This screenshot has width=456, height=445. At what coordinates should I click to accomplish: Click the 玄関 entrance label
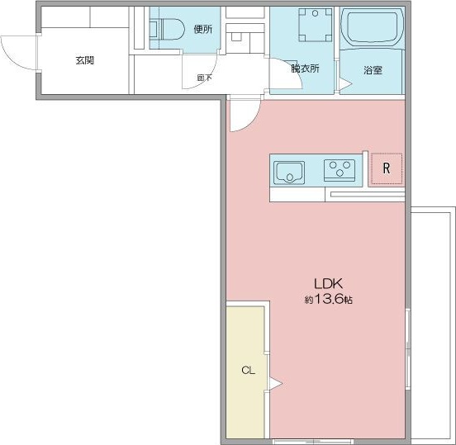pyautogui.click(x=84, y=60)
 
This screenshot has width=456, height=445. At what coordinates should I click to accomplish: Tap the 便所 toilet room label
pyautogui.click(x=203, y=29)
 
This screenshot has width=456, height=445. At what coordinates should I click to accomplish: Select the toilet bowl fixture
pyautogui.click(x=168, y=29)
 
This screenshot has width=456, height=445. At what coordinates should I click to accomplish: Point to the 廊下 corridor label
pyautogui.click(x=204, y=78)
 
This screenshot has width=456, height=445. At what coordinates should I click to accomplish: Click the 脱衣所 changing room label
pyautogui.click(x=305, y=69)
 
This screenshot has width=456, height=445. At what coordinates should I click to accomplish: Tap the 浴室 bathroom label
pyautogui.click(x=373, y=70)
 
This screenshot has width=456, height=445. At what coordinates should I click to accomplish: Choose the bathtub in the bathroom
pyautogui.click(x=373, y=28)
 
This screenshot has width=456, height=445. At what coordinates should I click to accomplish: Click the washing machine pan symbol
pyautogui.click(x=316, y=25)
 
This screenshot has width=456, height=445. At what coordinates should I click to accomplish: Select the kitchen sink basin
pyautogui.click(x=289, y=173)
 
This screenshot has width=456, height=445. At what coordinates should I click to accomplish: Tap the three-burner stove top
pyautogui.click(x=340, y=170)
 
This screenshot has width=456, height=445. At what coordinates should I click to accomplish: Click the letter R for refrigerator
pyautogui.click(x=387, y=168)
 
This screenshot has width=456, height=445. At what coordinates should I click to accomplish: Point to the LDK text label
pyautogui.click(x=328, y=283)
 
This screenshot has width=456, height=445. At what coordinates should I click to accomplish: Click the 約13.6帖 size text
pyautogui.click(x=328, y=299)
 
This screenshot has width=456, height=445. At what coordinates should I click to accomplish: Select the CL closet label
pyautogui.click(x=248, y=370)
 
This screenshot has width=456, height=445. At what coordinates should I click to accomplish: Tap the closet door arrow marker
pyautogui.click(x=275, y=384)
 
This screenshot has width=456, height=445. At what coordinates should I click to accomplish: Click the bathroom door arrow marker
pyautogui.click(x=345, y=84)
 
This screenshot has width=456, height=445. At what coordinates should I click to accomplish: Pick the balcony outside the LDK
pyautogui.click(x=433, y=323)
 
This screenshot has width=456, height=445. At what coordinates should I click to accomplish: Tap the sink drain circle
pyautogui.click(x=290, y=177)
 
